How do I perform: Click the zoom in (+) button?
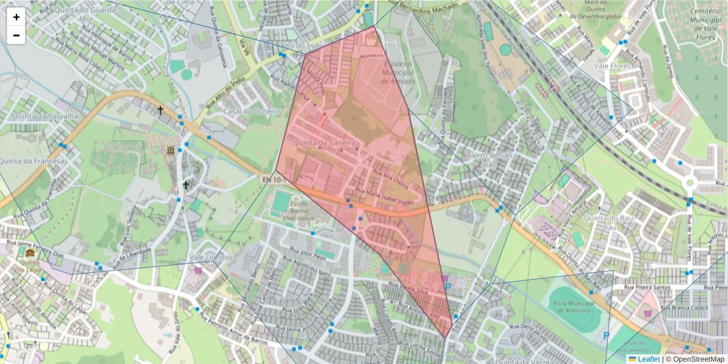pyautogui.click(x=16, y=17)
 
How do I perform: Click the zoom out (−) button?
pyautogui.click(x=16, y=35)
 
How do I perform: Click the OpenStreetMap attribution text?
pyautogui.click(x=698, y=359)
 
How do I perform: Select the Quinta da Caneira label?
pyautogui.click(x=323, y=143)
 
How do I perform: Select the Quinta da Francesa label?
pyautogui.click(x=32, y=161)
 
